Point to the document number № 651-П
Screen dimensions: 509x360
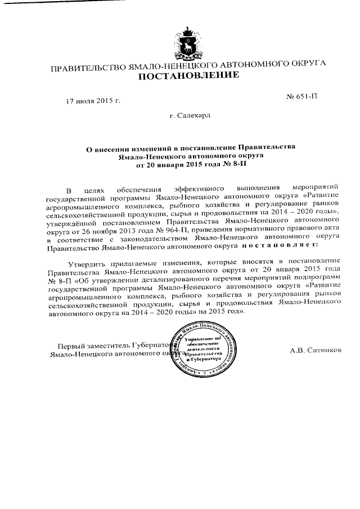pyautogui.click(x=301, y=96)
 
